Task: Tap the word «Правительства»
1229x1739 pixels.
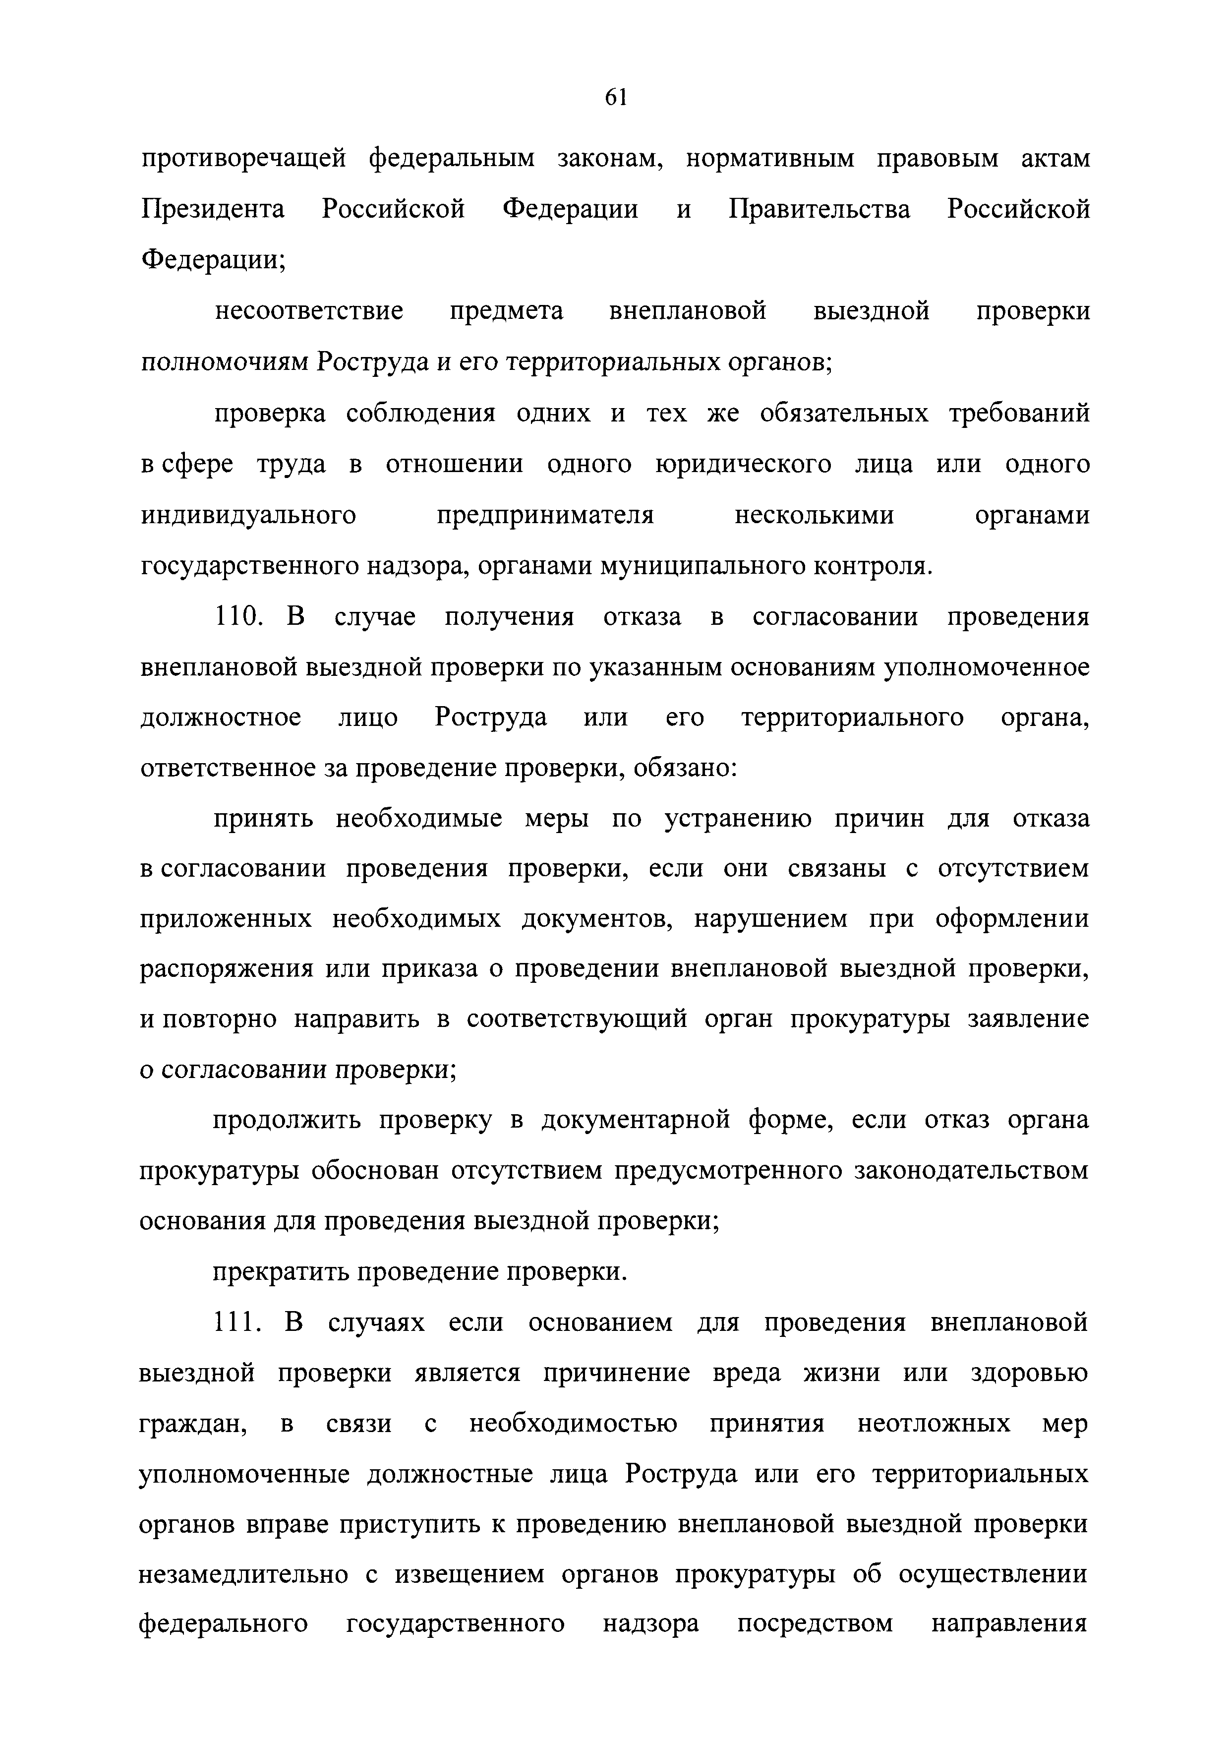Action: (x=819, y=210)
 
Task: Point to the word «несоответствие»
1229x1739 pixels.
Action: (x=309, y=311)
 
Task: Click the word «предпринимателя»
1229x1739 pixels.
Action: (x=545, y=516)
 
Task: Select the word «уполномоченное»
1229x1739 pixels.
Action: (x=988, y=668)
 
